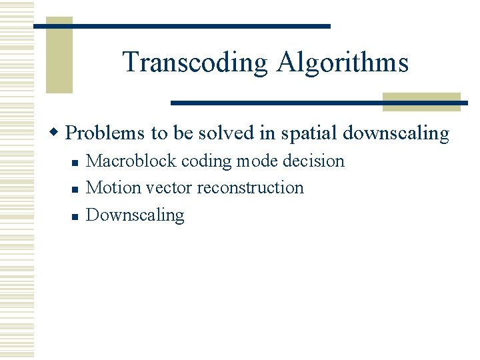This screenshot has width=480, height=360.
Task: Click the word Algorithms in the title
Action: click(x=343, y=62)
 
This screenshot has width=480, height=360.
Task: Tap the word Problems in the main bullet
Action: click(x=106, y=133)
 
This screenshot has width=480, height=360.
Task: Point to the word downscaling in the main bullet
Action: click(x=396, y=133)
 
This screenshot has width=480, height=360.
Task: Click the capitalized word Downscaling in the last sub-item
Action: click(x=135, y=215)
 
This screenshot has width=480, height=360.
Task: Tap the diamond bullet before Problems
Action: click(x=57, y=133)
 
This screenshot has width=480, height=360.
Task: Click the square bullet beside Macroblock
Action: click(x=75, y=162)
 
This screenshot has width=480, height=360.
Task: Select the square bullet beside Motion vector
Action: click(x=75, y=189)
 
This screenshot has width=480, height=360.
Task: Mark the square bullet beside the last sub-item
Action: click(x=75, y=217)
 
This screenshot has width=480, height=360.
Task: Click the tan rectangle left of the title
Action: click(x=59, y=55)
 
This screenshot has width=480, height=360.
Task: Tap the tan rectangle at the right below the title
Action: click(x=421, y=101)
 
